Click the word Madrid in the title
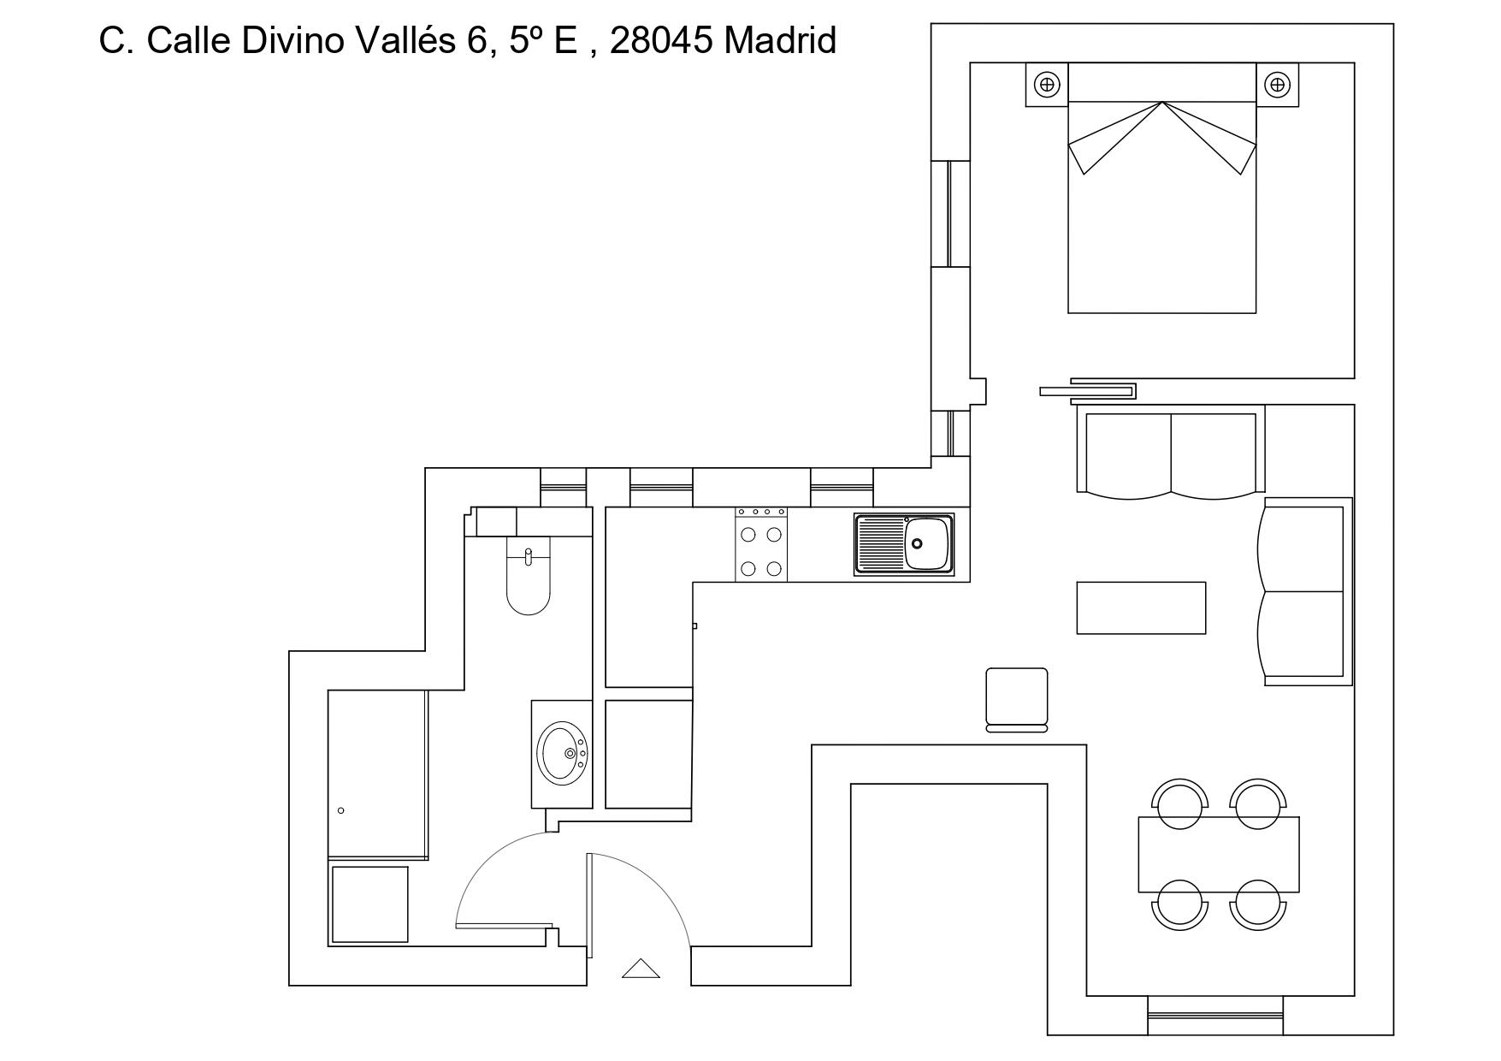(x=779, y=40)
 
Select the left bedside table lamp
(x=1047, y=85)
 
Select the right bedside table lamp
(x=1277, y=85)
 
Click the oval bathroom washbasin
(x=562, y=752)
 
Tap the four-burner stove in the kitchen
(x=761, y=545)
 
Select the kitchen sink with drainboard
(x=903, y=544)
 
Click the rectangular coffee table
(x=1141, y=608)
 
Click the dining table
(x=1219, y=855)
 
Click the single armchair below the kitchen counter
(x=1017, y=700)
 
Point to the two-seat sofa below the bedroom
(x=1170, y=453)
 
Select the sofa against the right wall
(x=1305, y=591)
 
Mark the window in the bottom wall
(x=1215, y=1016)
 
